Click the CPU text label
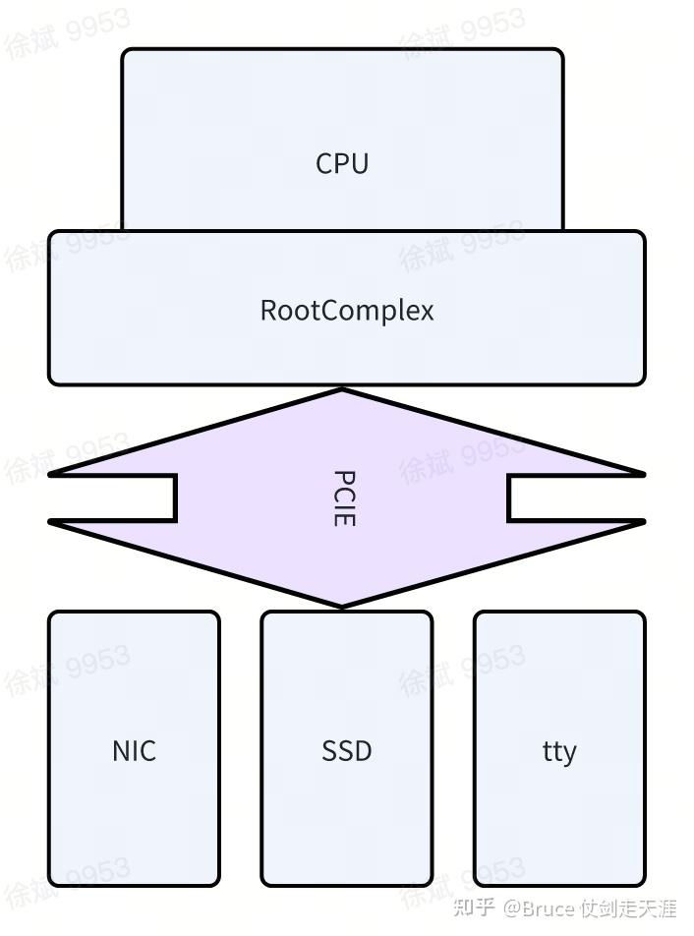click(x=342, y=163)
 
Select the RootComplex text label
click(x=347, y=311)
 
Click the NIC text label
click(x=134, y=751)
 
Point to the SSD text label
click(x=347, y=751)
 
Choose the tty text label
click(x=559, y=752)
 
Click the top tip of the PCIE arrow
click(x=342, y=390)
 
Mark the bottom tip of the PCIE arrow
click(x=342, y=607)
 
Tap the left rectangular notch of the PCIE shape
click(x=113, y=498)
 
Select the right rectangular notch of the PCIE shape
click(x=575, y=498)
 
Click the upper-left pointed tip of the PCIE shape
click(x=52, y=474)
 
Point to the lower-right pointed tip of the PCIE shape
click(x=643, y=522)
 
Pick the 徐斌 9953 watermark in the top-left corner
click(x=67, y=33)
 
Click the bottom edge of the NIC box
click(x=134, y=885)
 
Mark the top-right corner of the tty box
click(x=643, y=614)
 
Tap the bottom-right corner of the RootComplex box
click(x=643, y=382)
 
